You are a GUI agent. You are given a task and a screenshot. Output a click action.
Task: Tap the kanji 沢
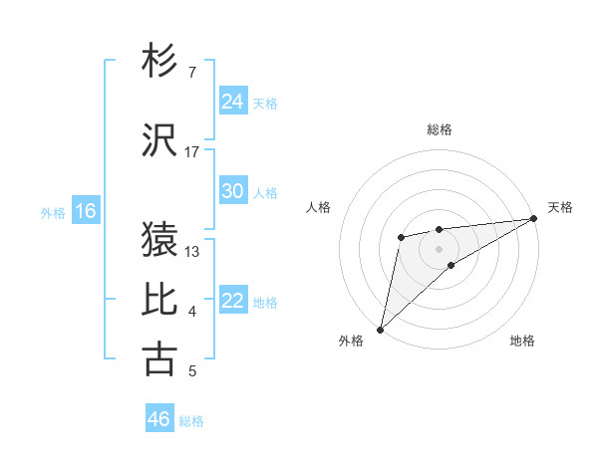[x=160, y=140]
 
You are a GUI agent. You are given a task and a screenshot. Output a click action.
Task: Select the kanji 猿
[x=160, y=239]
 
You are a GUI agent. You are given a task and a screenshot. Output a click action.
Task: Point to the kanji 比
[x=160, y=300]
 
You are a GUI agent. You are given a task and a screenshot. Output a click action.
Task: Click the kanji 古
[x=160, y=359]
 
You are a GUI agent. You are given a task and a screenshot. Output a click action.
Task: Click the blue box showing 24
[x=233, y=102]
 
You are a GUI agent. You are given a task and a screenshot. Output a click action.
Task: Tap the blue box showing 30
[x=233, y=191]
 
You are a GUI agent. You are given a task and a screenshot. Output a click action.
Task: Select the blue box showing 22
[x=233, y=301]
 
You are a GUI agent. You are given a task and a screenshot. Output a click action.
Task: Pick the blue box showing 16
[x=86, y=211]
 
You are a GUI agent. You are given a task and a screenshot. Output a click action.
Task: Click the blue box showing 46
[x=159, y=419]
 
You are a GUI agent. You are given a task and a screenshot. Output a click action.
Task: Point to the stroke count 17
[x=192, y=152]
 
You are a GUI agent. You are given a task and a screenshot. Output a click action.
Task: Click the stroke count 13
[x=192, y=251]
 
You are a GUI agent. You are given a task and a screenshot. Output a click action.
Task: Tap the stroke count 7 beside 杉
[x=191, y=72]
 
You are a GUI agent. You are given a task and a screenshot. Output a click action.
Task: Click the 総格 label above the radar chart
[x=439, y=129]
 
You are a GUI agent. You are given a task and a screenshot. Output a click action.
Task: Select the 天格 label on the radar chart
[x=560, y=207]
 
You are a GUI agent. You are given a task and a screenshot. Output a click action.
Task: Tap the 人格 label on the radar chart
[x=319, y=207]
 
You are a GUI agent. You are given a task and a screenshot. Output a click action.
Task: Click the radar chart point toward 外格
[x=380, y=329]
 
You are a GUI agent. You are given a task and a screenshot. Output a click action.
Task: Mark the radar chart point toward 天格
[x=534, y=218]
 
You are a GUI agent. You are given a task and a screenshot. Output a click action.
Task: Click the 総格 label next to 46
[x=191, y=421]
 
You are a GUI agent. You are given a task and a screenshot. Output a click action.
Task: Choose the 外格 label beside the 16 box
[x=52, y=212]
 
